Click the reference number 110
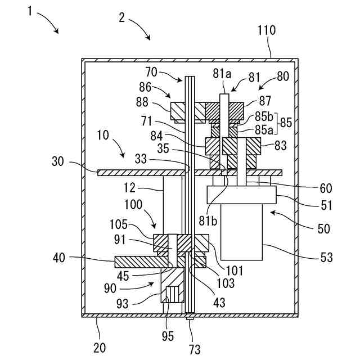(266, 31)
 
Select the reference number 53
(326, 258)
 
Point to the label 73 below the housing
(195, 349)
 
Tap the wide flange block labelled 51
(242, 195)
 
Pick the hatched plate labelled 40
(135, 262)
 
